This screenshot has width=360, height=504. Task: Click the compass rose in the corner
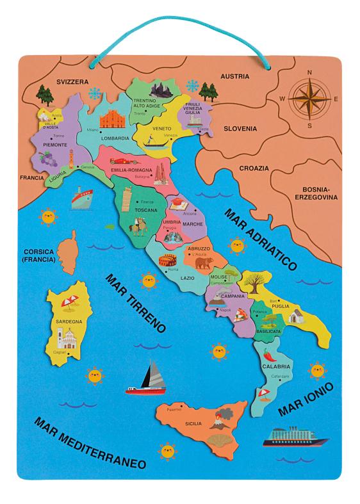(309, 99)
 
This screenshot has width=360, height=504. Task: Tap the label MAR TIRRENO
(135, 304)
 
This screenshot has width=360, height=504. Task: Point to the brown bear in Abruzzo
(204, 263)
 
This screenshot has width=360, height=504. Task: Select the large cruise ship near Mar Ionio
(295, 437)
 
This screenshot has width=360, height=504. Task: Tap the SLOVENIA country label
(240, 128)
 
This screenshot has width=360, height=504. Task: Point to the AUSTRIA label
(234, 76)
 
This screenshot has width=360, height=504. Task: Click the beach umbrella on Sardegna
(70, 302)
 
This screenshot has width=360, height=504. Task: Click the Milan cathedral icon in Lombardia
(113, 119)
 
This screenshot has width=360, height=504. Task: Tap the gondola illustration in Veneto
(155, 143)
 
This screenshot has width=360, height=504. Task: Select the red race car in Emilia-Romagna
(124, 161)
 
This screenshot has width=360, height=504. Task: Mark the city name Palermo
(174, 409)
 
